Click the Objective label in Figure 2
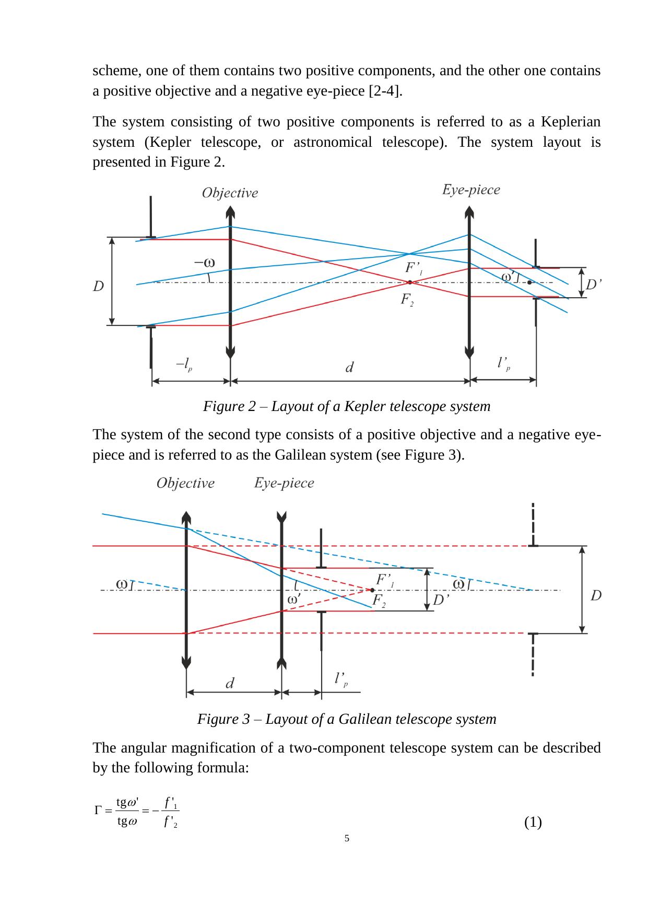click(230, 193)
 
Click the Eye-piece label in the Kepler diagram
click(471, 190)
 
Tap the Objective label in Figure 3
click(185, 483)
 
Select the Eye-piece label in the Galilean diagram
click(284, 483)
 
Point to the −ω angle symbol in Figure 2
click(205, 262)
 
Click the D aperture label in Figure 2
click(98, 286)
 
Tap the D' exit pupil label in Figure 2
click(594, 285)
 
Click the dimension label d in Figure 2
click(350, 368)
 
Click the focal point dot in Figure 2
click(410, 282)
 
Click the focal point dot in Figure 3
click(372, 590)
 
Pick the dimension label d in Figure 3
click(230, 683)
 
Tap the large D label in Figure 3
click(596, 595)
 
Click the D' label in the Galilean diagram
click(441, 600)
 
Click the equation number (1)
click(533, 823)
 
